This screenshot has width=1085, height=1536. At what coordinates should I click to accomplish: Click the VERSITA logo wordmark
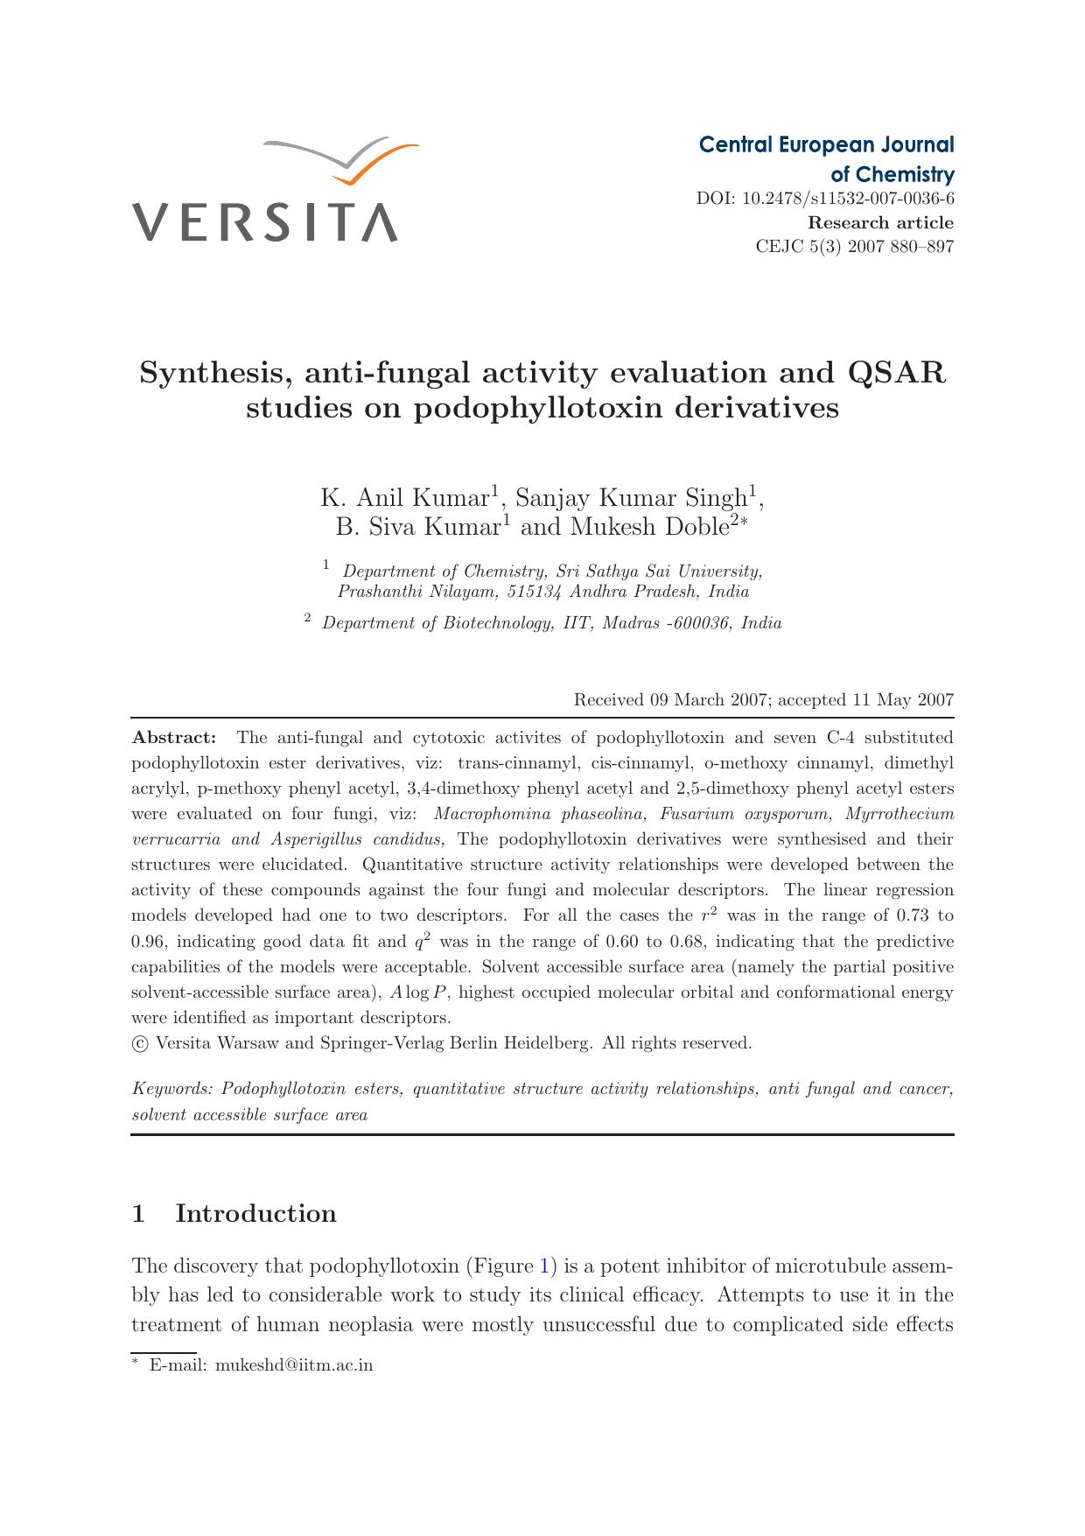tap(265, 222)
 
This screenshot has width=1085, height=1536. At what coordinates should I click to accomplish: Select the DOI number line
tap(825, 199)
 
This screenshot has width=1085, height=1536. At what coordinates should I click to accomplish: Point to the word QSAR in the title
tap(898, 374)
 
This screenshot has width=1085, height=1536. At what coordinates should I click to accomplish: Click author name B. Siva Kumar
tap(416, 527)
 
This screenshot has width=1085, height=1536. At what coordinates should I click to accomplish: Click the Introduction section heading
tap(255, 1214)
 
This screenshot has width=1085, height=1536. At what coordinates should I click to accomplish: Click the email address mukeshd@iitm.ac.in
tap(294, 1365)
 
